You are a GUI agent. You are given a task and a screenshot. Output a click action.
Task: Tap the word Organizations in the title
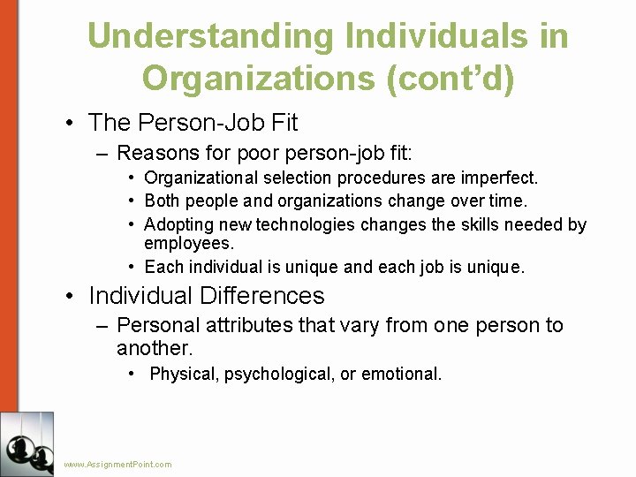[x=258, y=78]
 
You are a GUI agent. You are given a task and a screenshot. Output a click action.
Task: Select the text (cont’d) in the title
[x=449, y=78]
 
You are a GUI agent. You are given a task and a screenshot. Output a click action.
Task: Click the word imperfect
[x=501, y=178]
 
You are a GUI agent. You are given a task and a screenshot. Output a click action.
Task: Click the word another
[x=154, y=348]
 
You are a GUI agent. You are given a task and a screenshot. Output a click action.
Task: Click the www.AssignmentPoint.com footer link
[x=118, y=465]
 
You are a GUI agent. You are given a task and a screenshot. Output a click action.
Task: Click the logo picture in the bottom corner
[x=26, y=443]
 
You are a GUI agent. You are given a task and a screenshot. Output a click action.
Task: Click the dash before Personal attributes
[x=102, y=325]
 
